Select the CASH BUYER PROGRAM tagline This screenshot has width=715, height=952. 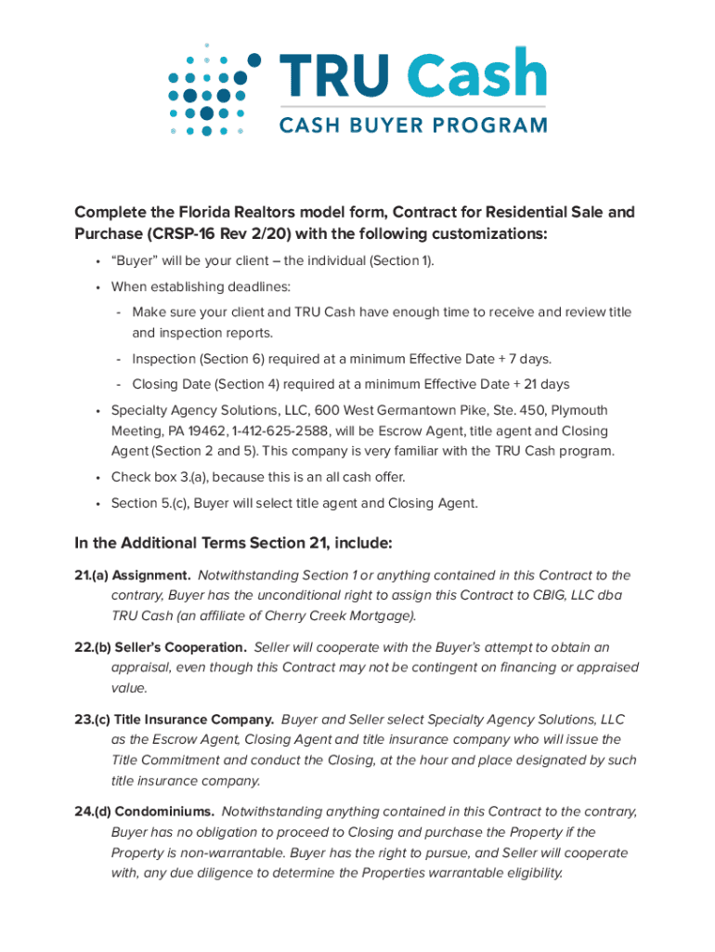pos(413,125)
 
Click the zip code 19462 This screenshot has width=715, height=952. pos(179,431)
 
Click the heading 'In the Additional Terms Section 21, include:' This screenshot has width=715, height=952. pos(233,542)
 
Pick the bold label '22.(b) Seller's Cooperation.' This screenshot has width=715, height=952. pos(161,647)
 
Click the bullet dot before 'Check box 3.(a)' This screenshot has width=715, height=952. pos(97,478)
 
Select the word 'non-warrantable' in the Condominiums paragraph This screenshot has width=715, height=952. pos(236,853)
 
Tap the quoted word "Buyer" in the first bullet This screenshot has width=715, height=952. pos(135,261)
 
